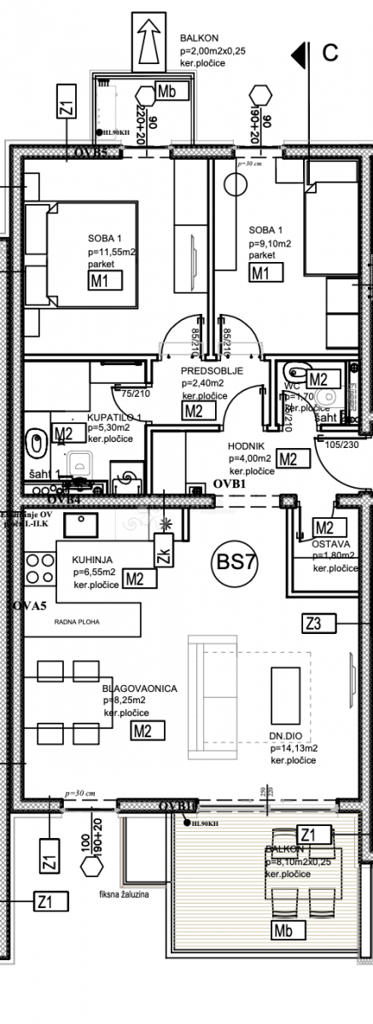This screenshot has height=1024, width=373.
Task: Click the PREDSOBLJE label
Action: click(x=213, y=371)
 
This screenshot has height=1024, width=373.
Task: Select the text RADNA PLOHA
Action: click(x=75, y=622)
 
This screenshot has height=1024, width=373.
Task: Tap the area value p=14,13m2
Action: click(x=294, y=748)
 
